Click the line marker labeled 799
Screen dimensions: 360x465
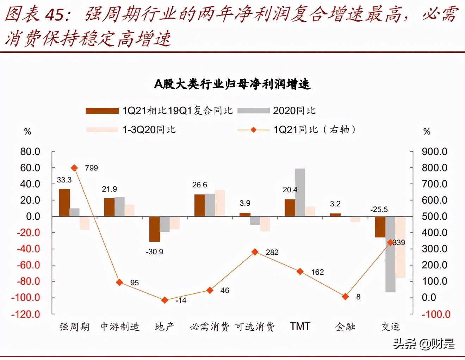coord(74,168)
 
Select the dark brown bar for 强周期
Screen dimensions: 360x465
coord(64,202)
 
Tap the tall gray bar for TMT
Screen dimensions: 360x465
coord(300,192)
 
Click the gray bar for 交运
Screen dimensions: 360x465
coord(390,254)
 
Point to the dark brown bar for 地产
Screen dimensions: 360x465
coord(155,229)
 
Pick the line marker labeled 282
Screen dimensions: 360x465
coord(255,252)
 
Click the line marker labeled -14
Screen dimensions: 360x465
coord(165,300)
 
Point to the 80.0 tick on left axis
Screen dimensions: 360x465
coord(30,152)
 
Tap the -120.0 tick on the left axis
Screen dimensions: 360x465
coord(26,314)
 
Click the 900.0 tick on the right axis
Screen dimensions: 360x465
coord(434,152)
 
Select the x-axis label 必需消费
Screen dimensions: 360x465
coord(210,327)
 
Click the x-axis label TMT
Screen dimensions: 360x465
coord(300,327)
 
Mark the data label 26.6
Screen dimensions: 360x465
coord(199,185)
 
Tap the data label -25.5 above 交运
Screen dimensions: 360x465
coord(379,210)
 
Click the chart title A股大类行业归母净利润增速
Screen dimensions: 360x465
coord(232,84)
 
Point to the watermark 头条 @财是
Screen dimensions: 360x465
coord(424,343)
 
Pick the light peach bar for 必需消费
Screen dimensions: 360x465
coord(220,203)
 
